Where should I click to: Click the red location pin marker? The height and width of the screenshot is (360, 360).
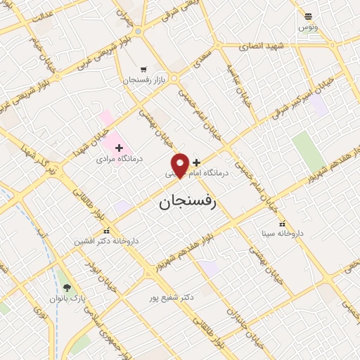click(181, 165)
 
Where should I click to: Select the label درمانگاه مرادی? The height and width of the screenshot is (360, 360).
click(120, 159)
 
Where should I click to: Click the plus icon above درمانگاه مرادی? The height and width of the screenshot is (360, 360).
click(119, 148)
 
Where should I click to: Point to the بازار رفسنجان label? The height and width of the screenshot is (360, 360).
click(144, 81)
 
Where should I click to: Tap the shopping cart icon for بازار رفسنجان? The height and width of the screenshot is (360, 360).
click(144, 70)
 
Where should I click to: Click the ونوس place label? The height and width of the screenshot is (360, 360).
click(307, 26)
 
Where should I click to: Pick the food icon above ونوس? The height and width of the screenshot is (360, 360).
click(307, 15)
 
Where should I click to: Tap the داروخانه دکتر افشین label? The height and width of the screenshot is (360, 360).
click(108, 240)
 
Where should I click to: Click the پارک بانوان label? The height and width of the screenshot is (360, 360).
click(67, 298)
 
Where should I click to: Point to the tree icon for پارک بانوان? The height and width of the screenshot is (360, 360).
click(67, 287)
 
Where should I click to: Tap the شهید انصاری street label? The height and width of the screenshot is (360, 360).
click(261, 46)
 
